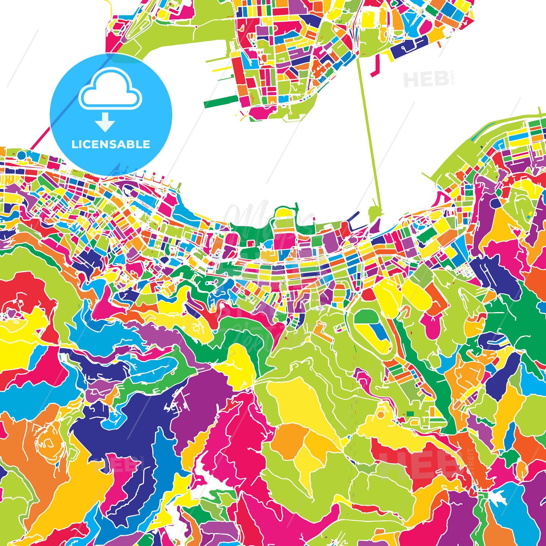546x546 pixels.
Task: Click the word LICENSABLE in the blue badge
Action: click(x=111, y=144)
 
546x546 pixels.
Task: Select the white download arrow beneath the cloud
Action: click(x=105, y=122)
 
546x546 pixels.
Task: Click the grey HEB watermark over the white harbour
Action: click(x=426, y=79)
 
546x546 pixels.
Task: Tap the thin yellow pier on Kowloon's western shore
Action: click(x=218, y=70)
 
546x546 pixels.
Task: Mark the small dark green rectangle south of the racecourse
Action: click(x=410, y=413)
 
